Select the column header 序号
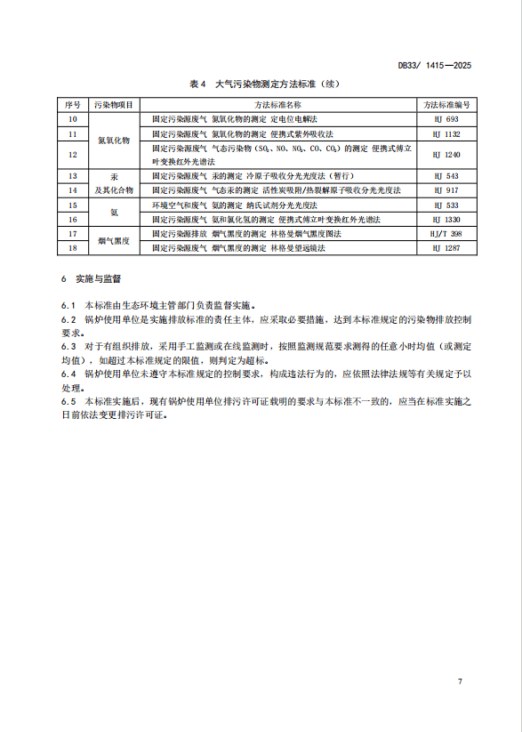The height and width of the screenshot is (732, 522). coord(73,105)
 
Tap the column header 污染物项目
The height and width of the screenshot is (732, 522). coord(114,105)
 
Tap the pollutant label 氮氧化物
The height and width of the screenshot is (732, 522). coord(114,141)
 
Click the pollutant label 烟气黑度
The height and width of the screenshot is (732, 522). coord(114,241)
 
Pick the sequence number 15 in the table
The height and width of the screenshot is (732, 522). coord(73,205)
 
